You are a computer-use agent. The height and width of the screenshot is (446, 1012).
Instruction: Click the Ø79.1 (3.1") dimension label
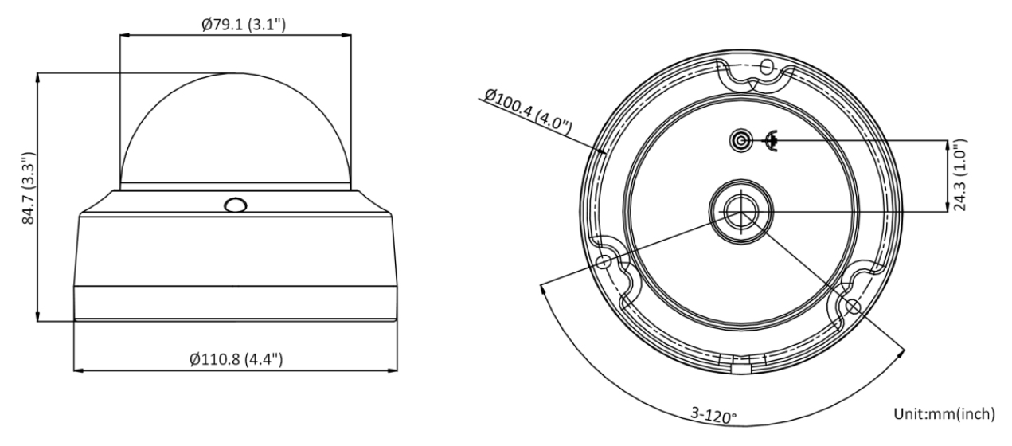click(244, 24)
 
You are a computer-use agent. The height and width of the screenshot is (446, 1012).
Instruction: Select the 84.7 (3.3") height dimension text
click(29, 188)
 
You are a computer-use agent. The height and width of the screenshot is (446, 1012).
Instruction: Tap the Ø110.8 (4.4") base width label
click(236, 359)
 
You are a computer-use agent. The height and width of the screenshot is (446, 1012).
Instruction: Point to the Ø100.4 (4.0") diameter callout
click(528, 111)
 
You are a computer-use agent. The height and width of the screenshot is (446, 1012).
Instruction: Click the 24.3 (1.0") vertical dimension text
click(959, 175)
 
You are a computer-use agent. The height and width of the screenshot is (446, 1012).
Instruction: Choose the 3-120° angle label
click(713, 414)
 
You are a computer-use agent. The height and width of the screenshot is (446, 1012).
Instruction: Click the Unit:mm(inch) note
click(944, 413)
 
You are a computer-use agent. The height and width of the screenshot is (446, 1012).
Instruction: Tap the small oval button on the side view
click(236, 205)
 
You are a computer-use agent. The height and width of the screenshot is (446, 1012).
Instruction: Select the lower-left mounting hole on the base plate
click(604, 262)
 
